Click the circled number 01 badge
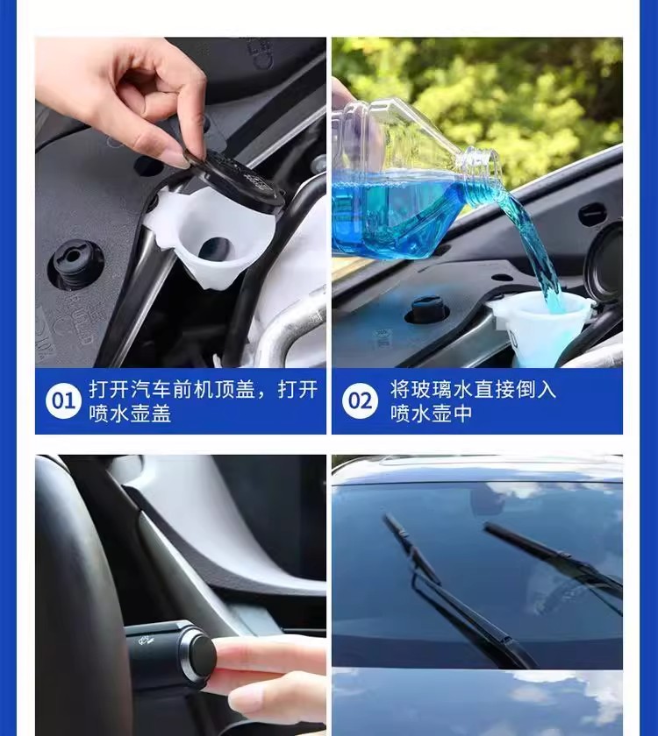click(63, 401)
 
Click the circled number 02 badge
click(360, 401)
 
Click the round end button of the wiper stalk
click(200, 654)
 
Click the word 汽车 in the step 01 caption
click(150, 390)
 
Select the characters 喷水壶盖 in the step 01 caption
click(130, 414)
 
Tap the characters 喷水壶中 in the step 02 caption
click(431, 414)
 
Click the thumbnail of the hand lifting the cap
click(181, 202)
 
